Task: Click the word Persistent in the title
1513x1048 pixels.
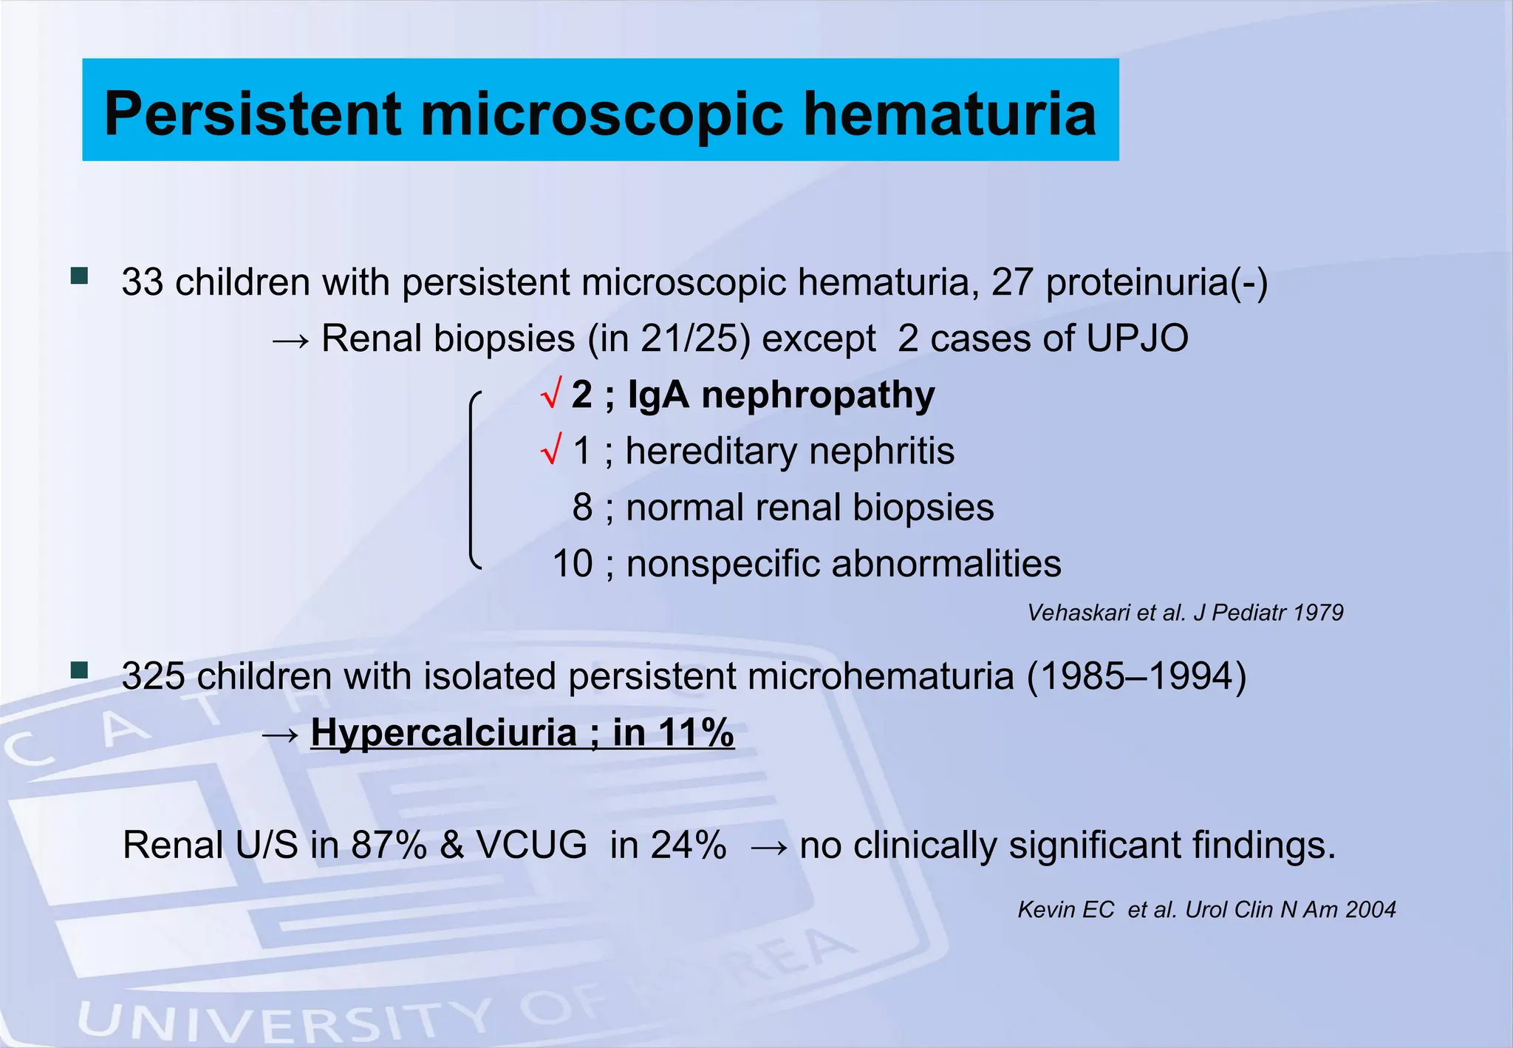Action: coord(253,114)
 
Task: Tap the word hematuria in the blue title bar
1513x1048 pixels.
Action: coord(949,114)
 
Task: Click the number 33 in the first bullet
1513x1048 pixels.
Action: coord(142,282)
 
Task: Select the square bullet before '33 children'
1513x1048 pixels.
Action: coord(79,276)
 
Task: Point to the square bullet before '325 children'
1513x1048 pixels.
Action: coord(79,670)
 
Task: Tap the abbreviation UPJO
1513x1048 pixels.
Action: coord(1137,339)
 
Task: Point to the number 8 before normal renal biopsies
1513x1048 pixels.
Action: coord(582,508)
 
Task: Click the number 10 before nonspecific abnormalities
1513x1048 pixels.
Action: coord(573,564)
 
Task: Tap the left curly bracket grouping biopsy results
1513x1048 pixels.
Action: coord(474,480)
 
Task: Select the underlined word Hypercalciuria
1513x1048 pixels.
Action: coord(443,733)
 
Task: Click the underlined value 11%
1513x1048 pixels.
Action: coord(696,733)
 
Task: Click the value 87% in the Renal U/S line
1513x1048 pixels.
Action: coord(389,845)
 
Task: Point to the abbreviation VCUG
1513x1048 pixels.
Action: coord(532,845)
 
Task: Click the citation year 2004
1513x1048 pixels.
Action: coord(1370,910)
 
